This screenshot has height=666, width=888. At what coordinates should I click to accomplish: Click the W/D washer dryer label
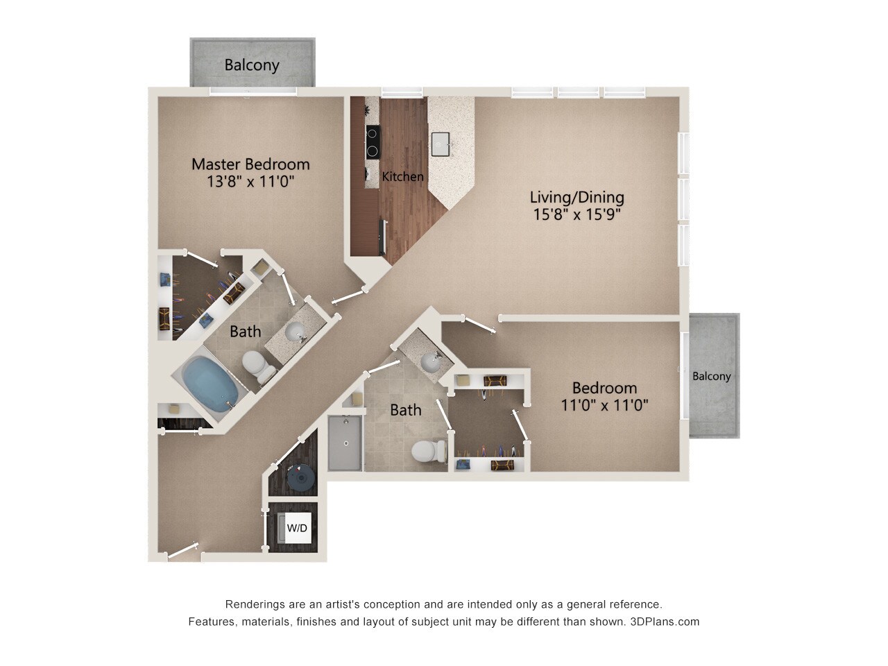pyautogui.click(x=297, y=528)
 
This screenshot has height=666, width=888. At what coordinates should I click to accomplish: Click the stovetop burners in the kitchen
pyautogui.click(x=373, y=142)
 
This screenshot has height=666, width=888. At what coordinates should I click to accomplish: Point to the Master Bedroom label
pyautogui.click(x=250, y=164)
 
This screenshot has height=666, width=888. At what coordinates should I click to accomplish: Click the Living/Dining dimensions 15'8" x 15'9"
pyautogui.click(x=577, y=214)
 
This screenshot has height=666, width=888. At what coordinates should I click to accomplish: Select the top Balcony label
pyautogui.click(x=252, y=65)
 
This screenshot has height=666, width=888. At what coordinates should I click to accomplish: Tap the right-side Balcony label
pyautogui.click(x=711, y=376)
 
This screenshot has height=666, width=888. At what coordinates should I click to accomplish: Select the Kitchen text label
pyautogui.click(x=402, y=177)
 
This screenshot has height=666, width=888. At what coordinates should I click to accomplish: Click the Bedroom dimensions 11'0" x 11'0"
pyautogui.click(x=604, y=405)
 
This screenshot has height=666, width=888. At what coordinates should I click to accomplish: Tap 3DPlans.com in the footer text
pyautogui.click(x=665, y=622)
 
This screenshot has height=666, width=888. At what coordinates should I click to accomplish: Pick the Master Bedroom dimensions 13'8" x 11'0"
pyautogui.click(x=250, y=182)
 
